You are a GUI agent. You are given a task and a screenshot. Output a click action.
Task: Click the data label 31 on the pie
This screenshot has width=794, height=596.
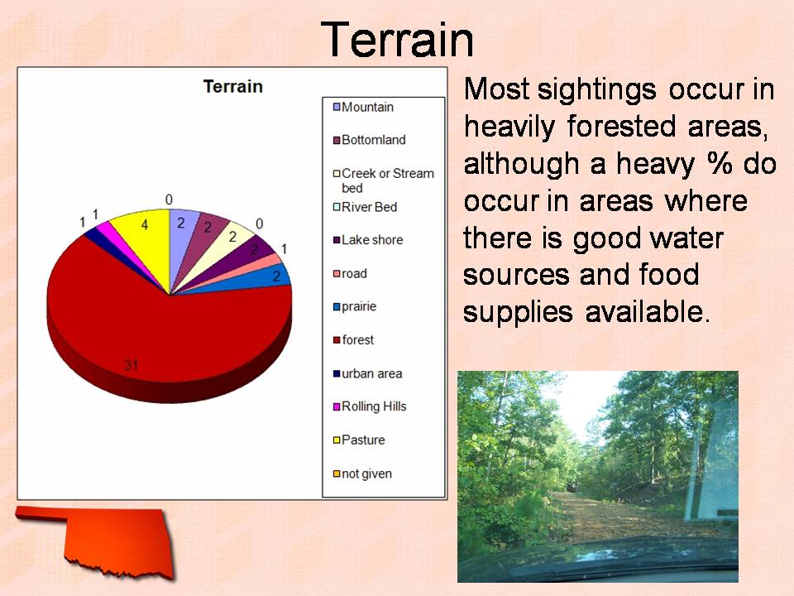pyautogui.click(x=132, y=365)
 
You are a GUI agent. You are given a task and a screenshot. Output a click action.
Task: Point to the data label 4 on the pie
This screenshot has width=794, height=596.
pyautogui.click(x=145, y=224)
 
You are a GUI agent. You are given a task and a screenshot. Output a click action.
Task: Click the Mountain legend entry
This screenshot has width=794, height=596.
pyautogui.click(x=363, y=107)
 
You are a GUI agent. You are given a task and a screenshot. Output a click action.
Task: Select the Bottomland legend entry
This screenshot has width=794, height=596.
pyautogui.click(x=369, y=140)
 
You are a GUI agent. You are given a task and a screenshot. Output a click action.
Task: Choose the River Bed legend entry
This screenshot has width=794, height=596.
pyautogui.click(x=365, y=207)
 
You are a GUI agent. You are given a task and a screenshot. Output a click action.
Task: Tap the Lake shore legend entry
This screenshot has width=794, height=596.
pyautogui.click(x=367, y=240)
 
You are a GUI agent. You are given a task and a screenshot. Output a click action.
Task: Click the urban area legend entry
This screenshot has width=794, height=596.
pyautogui.click(x=367, y=373)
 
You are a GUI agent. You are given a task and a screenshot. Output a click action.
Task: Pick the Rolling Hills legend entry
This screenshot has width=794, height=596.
pyautogui.click(x=370, y=406)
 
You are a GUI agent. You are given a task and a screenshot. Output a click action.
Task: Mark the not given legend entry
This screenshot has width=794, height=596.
pyautogui.click(x=362, y=473)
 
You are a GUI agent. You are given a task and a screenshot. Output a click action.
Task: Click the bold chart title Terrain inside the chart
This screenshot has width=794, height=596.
pyautogui.click(x=233, y=87)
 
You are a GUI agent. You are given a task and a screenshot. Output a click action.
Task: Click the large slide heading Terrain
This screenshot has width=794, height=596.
pyautogui.click(x=398, y=40)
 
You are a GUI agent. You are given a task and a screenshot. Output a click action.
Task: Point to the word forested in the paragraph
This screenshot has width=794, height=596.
pyautogui.click(x=621, y=126)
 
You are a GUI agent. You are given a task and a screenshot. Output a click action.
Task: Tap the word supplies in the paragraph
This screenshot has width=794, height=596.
pyautogui.click(x=518, y=313)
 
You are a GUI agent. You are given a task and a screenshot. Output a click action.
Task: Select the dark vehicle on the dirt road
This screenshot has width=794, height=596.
pyautogui.click(x=572, y=487)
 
